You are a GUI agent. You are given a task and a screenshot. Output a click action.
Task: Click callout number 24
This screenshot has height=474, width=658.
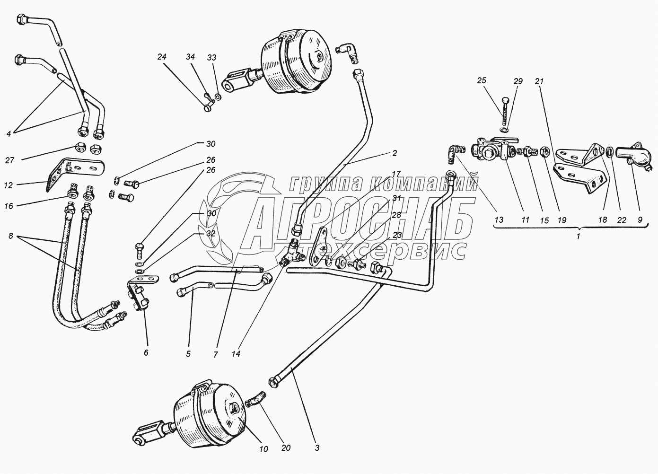[162, 57]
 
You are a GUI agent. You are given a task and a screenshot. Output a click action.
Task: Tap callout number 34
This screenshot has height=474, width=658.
[190, 56]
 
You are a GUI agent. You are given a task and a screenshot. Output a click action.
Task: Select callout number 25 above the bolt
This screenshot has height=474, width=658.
[482, 80]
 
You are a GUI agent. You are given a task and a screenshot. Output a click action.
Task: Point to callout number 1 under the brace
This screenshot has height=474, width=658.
[579, 236]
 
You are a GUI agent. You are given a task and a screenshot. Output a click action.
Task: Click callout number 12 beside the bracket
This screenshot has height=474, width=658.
[9, 185]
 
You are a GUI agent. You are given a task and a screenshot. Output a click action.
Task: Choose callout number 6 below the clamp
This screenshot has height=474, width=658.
[146, 352]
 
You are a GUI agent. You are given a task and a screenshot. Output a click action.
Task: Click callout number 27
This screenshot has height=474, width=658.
[9, 160]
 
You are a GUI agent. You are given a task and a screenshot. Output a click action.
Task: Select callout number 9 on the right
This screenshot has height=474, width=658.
[640, 219]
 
